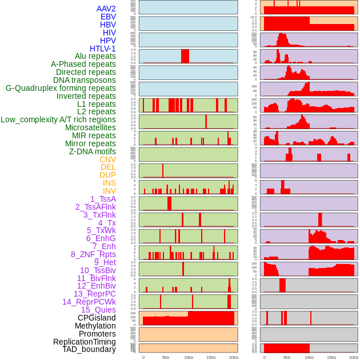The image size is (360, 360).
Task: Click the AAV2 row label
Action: [x=106, y=9]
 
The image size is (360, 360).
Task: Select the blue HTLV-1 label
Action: [x=103, y=49]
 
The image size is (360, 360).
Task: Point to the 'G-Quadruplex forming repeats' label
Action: [x=61, y=88]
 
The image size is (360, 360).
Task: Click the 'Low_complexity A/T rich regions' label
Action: [x=58, y=119]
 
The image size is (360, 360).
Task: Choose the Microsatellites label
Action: [x=90, y=127]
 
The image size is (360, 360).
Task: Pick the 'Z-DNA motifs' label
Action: [x=93, y=151]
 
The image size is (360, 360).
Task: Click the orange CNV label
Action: [x=107, y=159]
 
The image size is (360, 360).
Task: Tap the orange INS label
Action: [x=109, y=183]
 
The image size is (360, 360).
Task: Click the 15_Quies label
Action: [x=98, y=310]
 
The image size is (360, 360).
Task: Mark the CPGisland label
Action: [x=97, y=318]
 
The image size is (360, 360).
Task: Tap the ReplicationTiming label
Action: [x=84, y=342]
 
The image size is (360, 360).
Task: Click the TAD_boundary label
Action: [x=89, y=349]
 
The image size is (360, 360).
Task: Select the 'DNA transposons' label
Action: [x=85, y=80]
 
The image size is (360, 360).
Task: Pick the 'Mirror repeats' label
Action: [x=91, y=143]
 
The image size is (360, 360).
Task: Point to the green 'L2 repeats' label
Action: [x=97, y=111]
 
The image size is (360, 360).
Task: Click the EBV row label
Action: [x=108, y=17]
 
